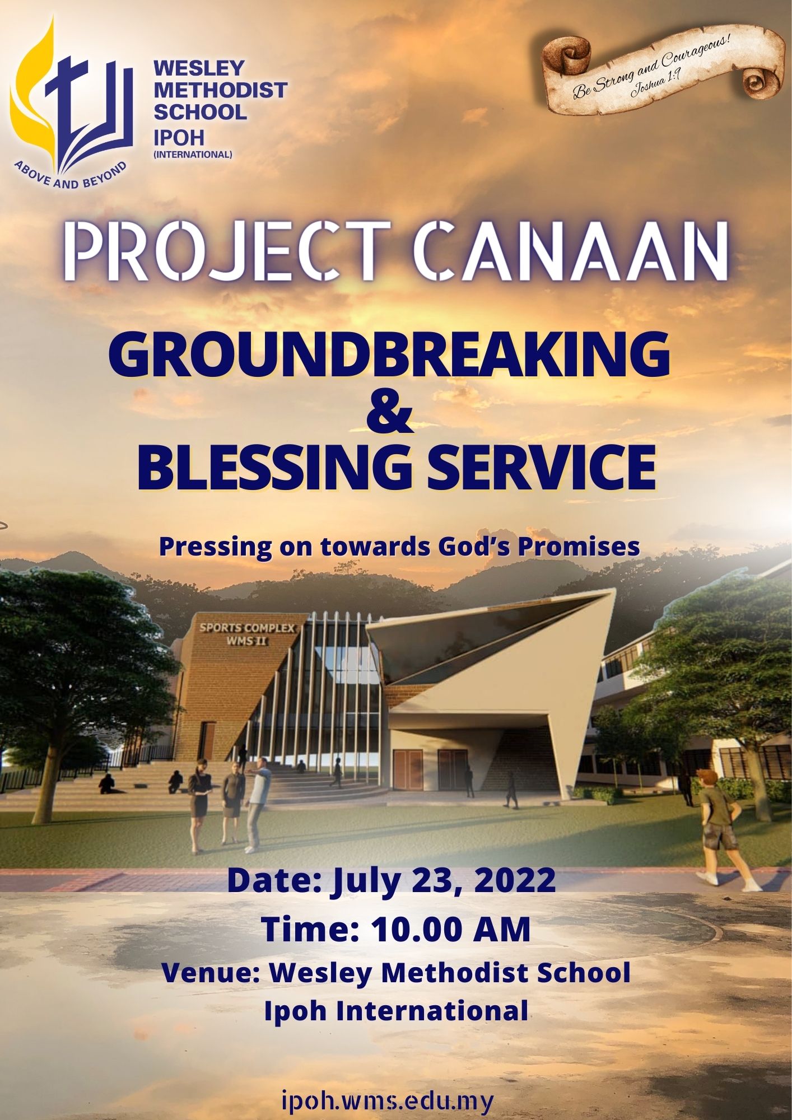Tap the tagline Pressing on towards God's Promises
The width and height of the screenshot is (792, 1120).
tap(399, 547)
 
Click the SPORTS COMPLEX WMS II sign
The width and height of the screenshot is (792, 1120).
tap(247, 634)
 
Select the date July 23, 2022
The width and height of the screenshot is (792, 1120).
tap(444, 880)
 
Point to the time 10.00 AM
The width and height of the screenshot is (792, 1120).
tap(451, 930)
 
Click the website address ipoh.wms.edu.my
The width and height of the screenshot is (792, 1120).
tap(389, 1100)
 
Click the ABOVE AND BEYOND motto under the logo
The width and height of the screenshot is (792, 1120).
tap(71, 176)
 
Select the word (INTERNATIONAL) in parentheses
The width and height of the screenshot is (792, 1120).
tap(193, 154)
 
